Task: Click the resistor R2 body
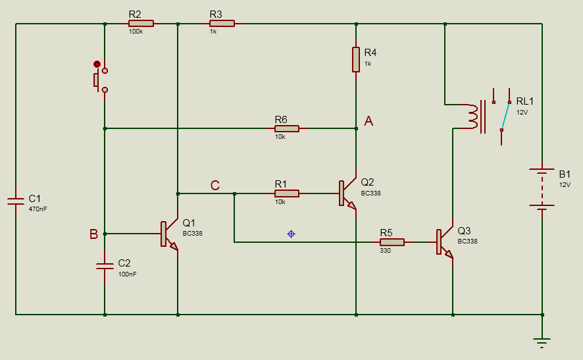click(141, 23)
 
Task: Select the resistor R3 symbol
click(222, 23)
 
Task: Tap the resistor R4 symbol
click(356, 59)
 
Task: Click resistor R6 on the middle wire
click(287, 128)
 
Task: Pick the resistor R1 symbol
click(287, 193)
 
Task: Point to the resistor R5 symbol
click(392, 242)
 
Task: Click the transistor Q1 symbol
click(168, 234)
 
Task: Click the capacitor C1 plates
click(14, 199)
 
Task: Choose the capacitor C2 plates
click(105, 266)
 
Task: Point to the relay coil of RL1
click(472, 116)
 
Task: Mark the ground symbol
click(542, 340)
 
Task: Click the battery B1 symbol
click(542, 191)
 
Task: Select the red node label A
click(368, 121)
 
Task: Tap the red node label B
click(93, 234)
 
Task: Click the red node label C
click(215, 186)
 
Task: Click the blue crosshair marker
click(291, 234)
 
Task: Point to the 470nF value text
click(38, 209)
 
